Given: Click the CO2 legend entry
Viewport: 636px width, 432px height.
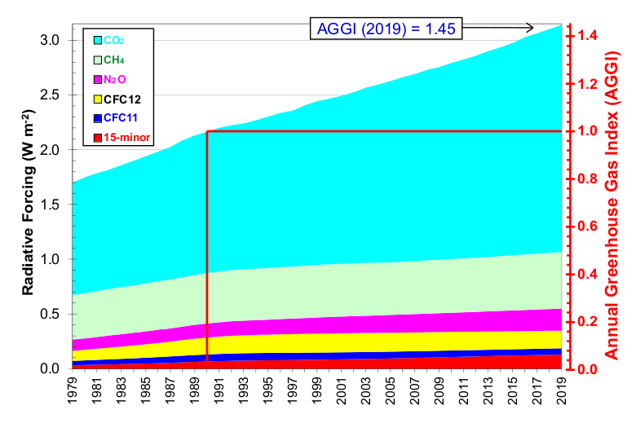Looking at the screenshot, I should point(113,39).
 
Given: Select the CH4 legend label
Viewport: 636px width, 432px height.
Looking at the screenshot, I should point(113,60).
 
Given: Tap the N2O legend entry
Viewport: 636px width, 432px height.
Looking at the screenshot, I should point(113,79).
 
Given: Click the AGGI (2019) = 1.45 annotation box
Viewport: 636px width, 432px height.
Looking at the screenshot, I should point(386,29).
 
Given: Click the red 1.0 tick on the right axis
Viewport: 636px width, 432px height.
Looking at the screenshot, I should point(585,131).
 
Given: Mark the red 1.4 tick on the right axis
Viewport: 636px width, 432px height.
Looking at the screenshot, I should point(585,36).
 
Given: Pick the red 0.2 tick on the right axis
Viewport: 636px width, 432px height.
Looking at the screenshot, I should point(585,322).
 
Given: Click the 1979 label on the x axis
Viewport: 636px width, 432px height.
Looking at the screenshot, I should point(73,395).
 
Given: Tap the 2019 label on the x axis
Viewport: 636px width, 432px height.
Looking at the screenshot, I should point(562,395).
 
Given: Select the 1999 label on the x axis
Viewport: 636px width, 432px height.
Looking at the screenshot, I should point(317,395).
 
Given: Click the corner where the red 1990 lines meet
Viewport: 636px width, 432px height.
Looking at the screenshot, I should point(207,131).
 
